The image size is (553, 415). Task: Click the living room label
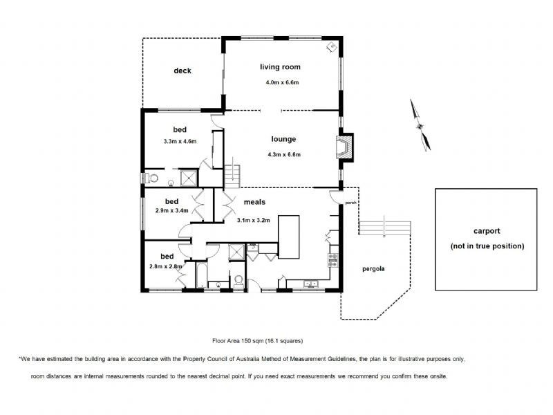tap(281, 67)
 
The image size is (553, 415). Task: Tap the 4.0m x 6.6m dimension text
tap(282, 82)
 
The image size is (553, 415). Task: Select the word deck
tap(182, 71)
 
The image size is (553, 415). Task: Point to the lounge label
tap(283, 139)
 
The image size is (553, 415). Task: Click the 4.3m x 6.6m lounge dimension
tap(284, 154)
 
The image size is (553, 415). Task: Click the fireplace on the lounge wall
tap(344, 147)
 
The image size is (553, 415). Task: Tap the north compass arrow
tap(420, 125)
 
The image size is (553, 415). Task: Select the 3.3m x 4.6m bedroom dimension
tap(180, 142)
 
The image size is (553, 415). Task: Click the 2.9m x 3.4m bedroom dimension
tap(171, 211)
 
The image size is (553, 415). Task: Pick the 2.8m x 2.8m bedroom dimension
tap(166, 266)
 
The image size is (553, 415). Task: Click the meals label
tap(254, 202)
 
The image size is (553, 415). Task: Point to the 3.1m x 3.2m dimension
tap(254, 220)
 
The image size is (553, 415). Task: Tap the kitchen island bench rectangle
tap(289, 237)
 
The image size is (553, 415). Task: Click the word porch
tap(350, 203)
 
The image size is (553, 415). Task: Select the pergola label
tap(373, 269)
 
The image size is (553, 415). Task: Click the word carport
tap(487, 231)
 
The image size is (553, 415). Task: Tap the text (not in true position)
tap(487, 246)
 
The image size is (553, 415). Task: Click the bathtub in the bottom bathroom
tap(201, 275)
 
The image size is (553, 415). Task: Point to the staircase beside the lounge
tap(232, 177)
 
